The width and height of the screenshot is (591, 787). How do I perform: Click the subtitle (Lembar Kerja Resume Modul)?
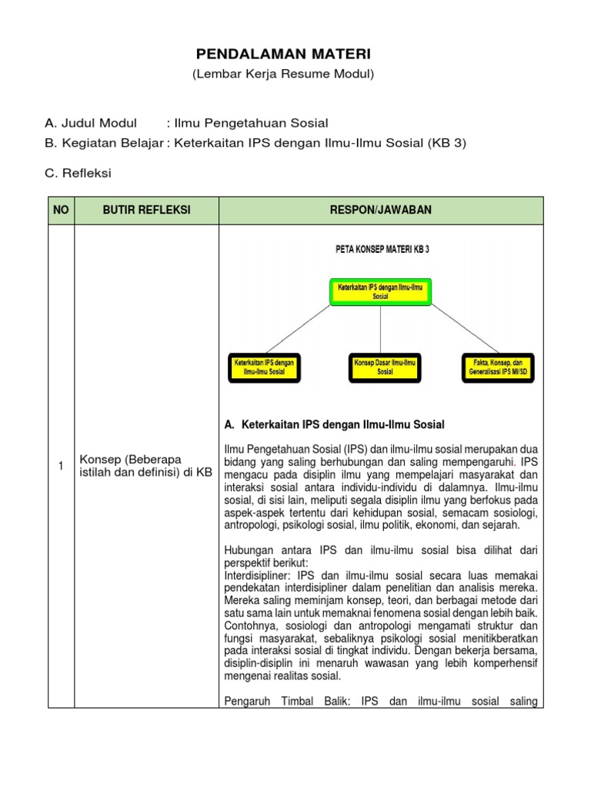(282, 74)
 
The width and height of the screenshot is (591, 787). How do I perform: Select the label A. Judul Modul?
(91, 123)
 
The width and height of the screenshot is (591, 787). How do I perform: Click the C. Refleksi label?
(78, 173)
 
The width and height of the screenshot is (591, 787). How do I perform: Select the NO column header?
(61, 210)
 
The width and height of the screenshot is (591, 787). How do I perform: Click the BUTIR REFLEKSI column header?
(146, 210)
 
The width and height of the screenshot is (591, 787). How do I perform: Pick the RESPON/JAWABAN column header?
(382, 210)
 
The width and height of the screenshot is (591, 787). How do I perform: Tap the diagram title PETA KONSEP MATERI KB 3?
(381, 249)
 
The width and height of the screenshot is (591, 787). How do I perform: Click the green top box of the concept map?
(381, 291)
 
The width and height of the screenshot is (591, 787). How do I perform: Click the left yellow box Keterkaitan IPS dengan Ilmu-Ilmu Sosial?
(264, 367)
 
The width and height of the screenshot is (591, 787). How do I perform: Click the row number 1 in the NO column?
(61, 466)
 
